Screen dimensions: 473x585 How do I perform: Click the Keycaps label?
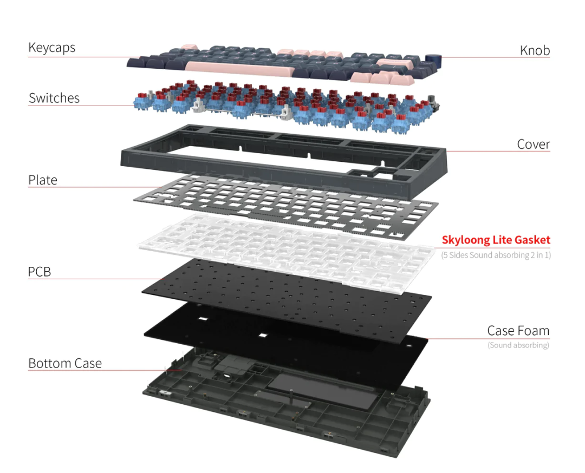coord(51,48)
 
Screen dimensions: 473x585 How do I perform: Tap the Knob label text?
coord(535,50)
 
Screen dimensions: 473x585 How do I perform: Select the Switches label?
coord(54,98)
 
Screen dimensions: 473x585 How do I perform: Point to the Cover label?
coord(533,144)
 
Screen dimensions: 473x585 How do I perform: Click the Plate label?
coord(42,180)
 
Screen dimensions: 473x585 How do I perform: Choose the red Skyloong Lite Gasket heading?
coord(496,240)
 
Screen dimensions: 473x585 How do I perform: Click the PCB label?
coord(40,272)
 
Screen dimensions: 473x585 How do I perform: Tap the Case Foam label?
coord(518,331)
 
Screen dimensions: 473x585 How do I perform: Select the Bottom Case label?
coord(65,363)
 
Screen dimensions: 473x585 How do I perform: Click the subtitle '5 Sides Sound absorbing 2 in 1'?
coord(496,255)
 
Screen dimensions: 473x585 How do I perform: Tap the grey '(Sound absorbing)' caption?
coord(518,345)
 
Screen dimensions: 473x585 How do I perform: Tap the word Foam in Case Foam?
coord(533,331)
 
